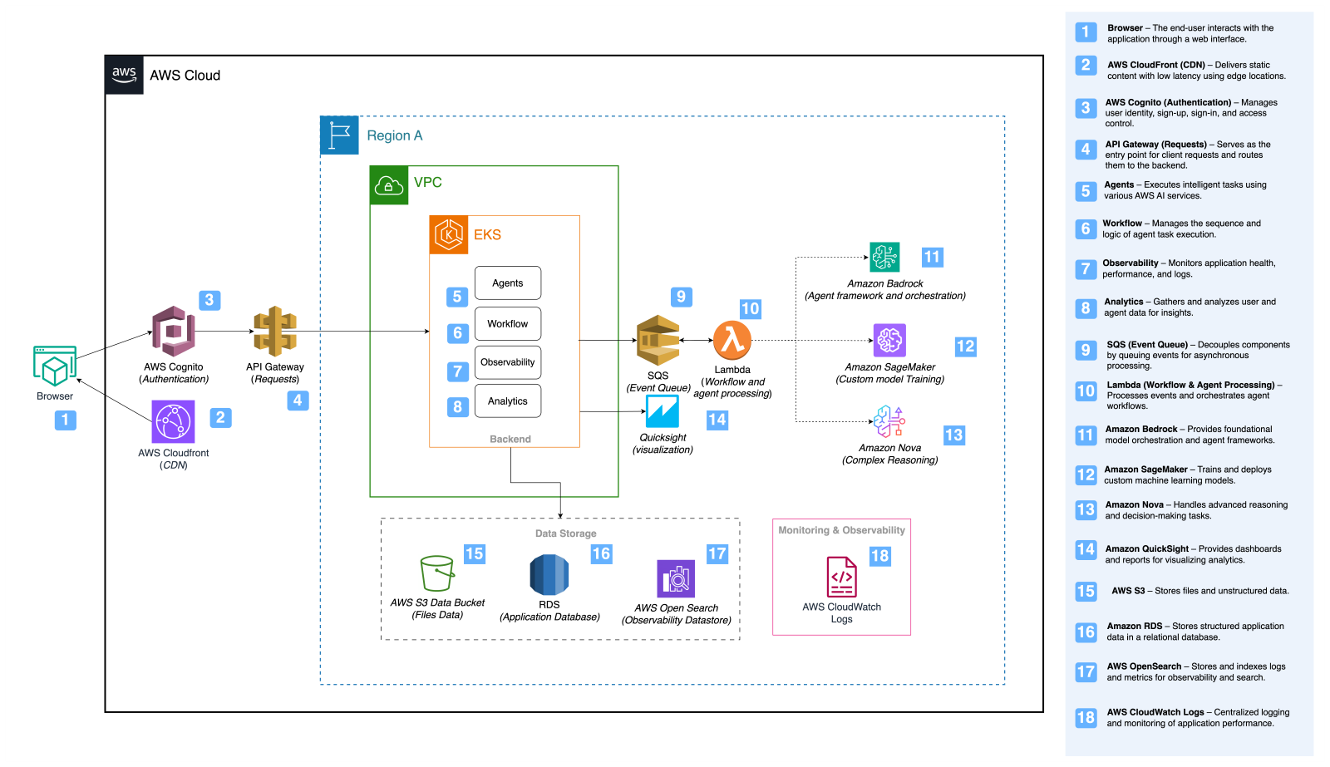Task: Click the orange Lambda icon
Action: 732,340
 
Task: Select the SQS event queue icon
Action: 658,340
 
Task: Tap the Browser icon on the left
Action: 55,366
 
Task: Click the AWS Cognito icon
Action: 173,331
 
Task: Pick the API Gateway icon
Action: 275,331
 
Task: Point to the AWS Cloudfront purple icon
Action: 173,421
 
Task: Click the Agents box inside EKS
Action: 508,283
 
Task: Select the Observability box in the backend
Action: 508,362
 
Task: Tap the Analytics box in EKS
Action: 508,401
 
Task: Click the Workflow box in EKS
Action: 508,324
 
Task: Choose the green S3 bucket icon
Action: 437,573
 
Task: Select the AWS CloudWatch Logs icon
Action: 841,577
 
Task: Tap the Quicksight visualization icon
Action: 663,411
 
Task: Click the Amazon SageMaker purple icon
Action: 889,340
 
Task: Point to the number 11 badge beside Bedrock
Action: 932,257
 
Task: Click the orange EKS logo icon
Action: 449,234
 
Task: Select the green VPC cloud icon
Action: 389,184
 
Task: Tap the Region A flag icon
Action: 339,135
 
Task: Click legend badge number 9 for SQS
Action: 1086,350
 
